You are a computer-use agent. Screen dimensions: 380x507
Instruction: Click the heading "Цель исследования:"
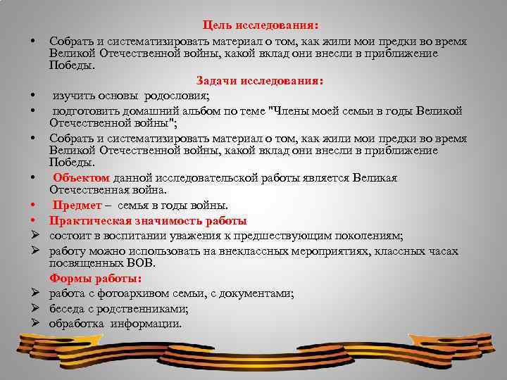coord(260,25)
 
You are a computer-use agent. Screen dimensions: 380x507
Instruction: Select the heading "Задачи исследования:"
coord(260,81)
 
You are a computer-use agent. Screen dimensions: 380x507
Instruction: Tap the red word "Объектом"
coord(80,178)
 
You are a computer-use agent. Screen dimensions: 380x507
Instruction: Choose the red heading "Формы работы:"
coord(95,278)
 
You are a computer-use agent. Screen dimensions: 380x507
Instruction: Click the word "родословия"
coord(179,96)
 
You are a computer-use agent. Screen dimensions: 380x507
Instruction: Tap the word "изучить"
coord(72,96)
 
